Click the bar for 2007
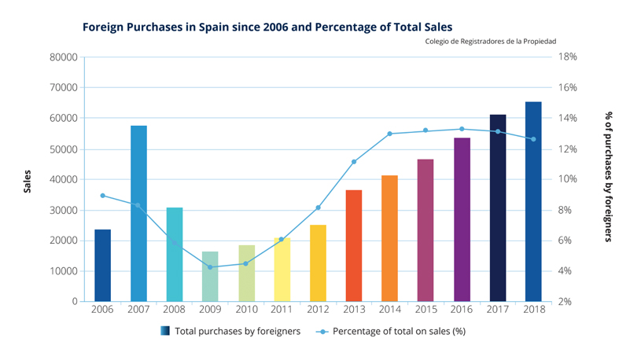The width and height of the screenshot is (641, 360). (x=138, y=213)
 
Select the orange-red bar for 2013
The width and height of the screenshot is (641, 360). (x=353, y=245)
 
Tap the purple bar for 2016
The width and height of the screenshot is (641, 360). (x=462, y=219)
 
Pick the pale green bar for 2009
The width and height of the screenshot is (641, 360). (x=210, y=276)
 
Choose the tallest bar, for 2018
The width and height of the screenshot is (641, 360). (x=533, y=201)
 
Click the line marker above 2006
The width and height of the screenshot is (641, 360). (x=103, y=196)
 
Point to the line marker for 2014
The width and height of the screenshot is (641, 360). (x=389, y=134)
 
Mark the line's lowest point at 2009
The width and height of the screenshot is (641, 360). (x=210, y=267)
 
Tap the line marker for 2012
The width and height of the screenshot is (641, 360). (x=318, y=208)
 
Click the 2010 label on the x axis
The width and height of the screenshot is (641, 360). (x=246, y=310)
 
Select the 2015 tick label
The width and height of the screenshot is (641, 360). (x=425, y=310)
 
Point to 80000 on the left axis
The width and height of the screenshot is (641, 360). (x=63, y=57)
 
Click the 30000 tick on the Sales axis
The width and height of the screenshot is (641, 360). (x=63, y=211)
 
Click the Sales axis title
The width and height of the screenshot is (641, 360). (x=28, y=180)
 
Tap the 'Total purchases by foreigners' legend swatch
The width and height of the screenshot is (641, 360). (x=164, y=331)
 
